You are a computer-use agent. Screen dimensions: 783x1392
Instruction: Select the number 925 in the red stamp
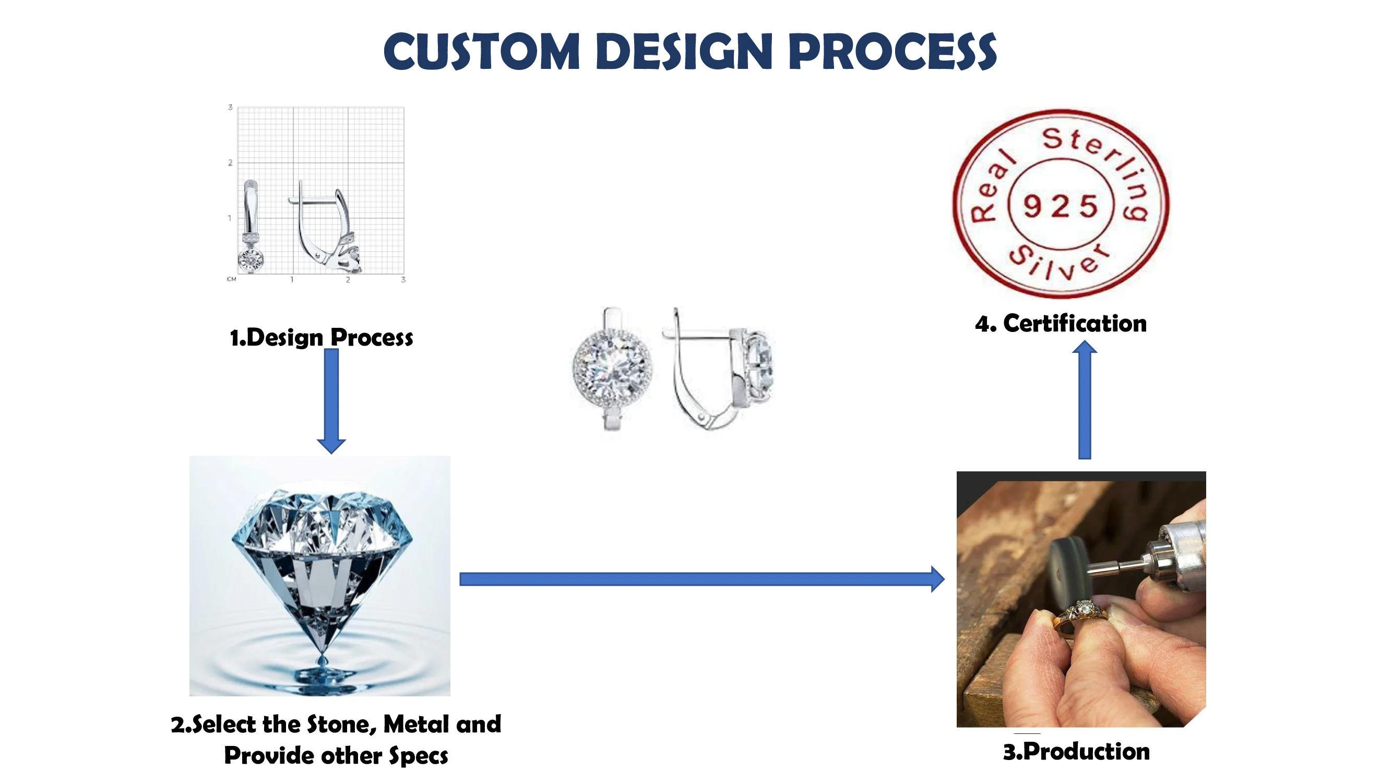click(1060, 206)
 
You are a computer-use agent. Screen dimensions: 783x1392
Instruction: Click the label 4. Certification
click(1060, 324)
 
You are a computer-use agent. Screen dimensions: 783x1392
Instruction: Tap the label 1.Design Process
click(322, 338)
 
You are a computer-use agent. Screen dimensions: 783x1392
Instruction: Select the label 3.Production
click(1076, 752)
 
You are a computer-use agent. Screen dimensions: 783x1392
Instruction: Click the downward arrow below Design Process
click(331, 400)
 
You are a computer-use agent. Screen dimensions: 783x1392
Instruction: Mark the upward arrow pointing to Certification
click(1084, 400)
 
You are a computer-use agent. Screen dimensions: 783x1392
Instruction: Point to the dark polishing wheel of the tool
click(1068, 570)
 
